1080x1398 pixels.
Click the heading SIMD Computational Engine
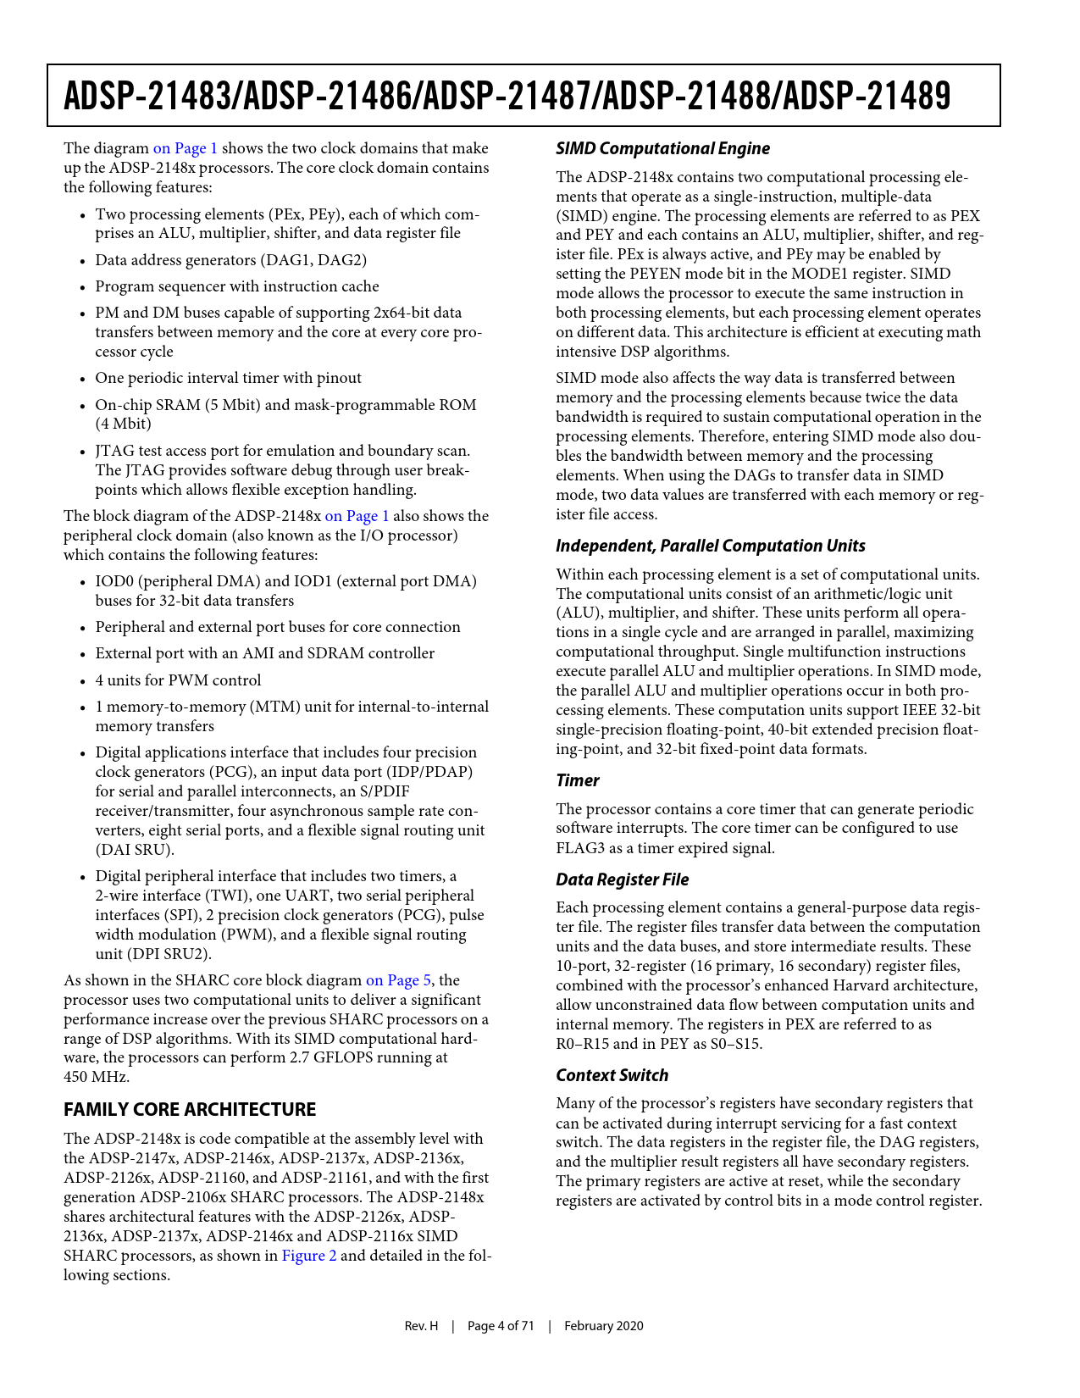[x=662, y=148]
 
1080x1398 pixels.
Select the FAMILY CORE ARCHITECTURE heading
[x=190, y=1109]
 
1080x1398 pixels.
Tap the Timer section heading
[x=578, y=780]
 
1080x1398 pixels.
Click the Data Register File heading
[x=623, y=879]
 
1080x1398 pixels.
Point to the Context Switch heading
[x=612, y=1075]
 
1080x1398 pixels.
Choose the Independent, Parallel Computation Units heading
[x=711, y=546]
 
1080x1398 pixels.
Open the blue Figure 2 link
[x=309, y=1256]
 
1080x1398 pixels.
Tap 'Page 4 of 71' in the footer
[x=501, y=1326]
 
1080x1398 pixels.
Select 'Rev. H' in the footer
[x=421, y=1326]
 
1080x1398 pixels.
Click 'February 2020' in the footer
[x=604, y=1326]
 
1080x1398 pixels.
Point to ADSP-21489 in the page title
[x=867, y=97]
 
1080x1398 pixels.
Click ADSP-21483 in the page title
[x=147, y=97]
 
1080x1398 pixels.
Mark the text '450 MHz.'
[x=97, y=1077]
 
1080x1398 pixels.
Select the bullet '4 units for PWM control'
[x=178, y=680]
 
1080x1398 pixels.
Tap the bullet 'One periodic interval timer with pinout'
[x=228, y=378]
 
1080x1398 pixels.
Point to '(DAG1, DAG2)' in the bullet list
[x=317, y=260]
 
